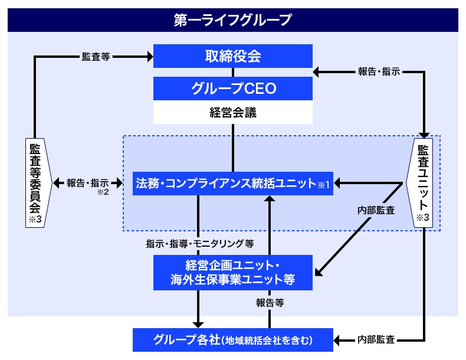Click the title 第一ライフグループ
tap(232, 20)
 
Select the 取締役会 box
tap(232, 56)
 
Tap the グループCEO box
tap(232, 89)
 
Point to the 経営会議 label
tap(232, 112)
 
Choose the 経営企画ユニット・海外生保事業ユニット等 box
tap(232, 272)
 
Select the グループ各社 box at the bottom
tap(232, 340)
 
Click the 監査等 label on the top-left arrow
tap(95, 57)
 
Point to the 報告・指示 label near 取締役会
tap(379, 72)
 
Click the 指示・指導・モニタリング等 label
tap(200, 243)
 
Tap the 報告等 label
tap(270, 302)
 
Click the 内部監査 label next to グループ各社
tap(376, 340)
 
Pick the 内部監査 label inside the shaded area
tap(376, 210)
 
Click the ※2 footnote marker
tap(103, 192)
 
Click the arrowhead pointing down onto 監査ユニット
tap(424, 135)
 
